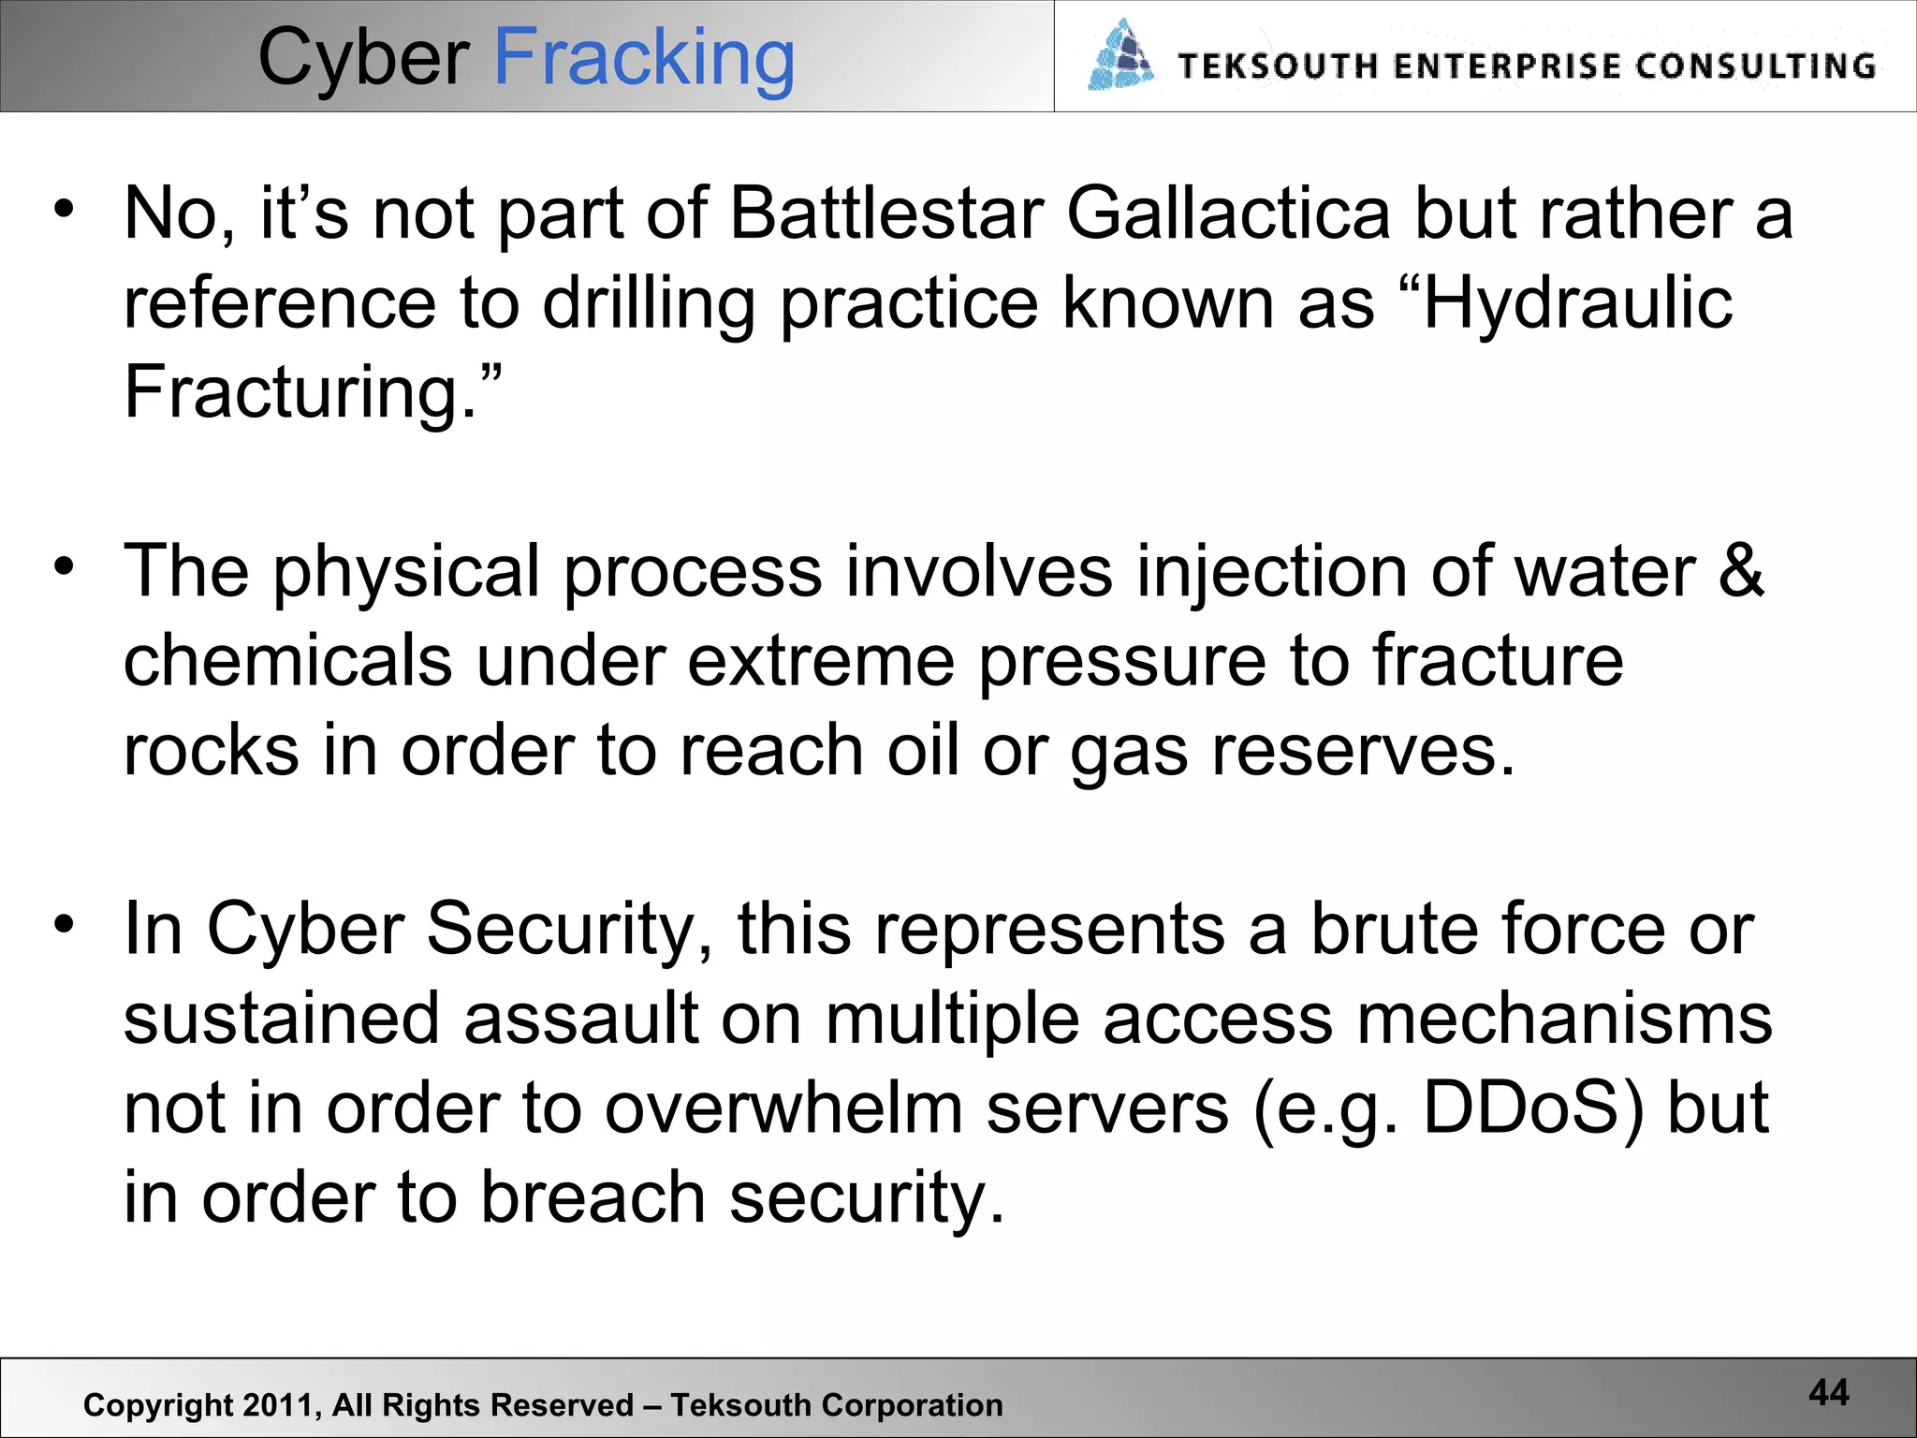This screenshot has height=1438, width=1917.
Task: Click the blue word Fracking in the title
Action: [x=644, y=58]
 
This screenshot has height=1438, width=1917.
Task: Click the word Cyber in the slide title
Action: [x=363, y=58]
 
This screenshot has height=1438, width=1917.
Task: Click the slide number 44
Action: [x=1829, y=1392]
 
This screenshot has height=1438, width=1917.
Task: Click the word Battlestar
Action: [x=886, y=213]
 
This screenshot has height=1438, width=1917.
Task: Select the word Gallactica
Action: [x=1228, y=213]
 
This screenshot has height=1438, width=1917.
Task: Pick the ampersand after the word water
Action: [x=1742, y=571]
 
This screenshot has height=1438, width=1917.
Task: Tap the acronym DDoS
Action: [x=1533, y=1108]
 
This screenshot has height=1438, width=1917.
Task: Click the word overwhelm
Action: [x=783, y=1108]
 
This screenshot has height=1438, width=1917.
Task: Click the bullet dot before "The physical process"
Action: [x=64, y=567]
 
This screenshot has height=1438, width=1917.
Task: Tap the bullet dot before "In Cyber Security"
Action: [x=64, y=925]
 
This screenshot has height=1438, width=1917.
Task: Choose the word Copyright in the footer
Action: [x=158, y=1405]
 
